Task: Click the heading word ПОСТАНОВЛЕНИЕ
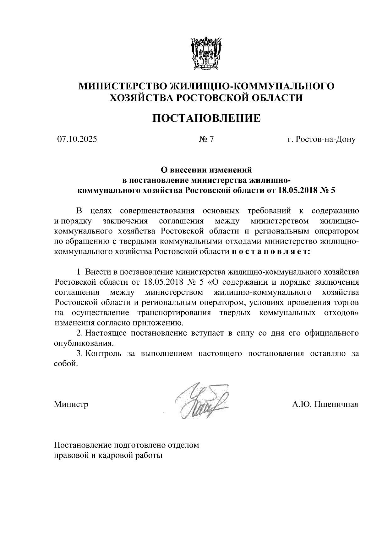pos(206,118)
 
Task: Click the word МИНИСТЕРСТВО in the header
pos(122,86)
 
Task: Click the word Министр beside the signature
pos(71,404)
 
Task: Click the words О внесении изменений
pos(206,170)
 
